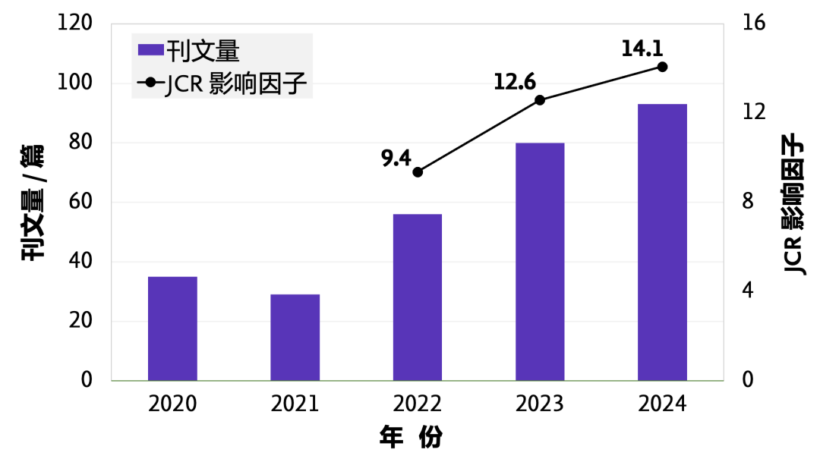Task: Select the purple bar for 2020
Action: click(x=172, y=328)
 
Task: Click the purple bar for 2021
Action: click(x=295, y=337)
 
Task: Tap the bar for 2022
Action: click(x=417, y=297)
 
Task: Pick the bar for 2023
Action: click(x=540, y=261)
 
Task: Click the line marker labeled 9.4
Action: click(x=418, y=172)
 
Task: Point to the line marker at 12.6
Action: click(x=540, y=100)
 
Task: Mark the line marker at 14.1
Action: click(x=662, y=67)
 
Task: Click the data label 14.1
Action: click(x=642, y=49)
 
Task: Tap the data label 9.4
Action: click(x=396, y=158)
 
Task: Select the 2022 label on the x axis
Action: click(x=417, y=404)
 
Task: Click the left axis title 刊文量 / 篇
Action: click(x=33, y=202)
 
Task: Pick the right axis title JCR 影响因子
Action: click(x=793, y=203)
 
